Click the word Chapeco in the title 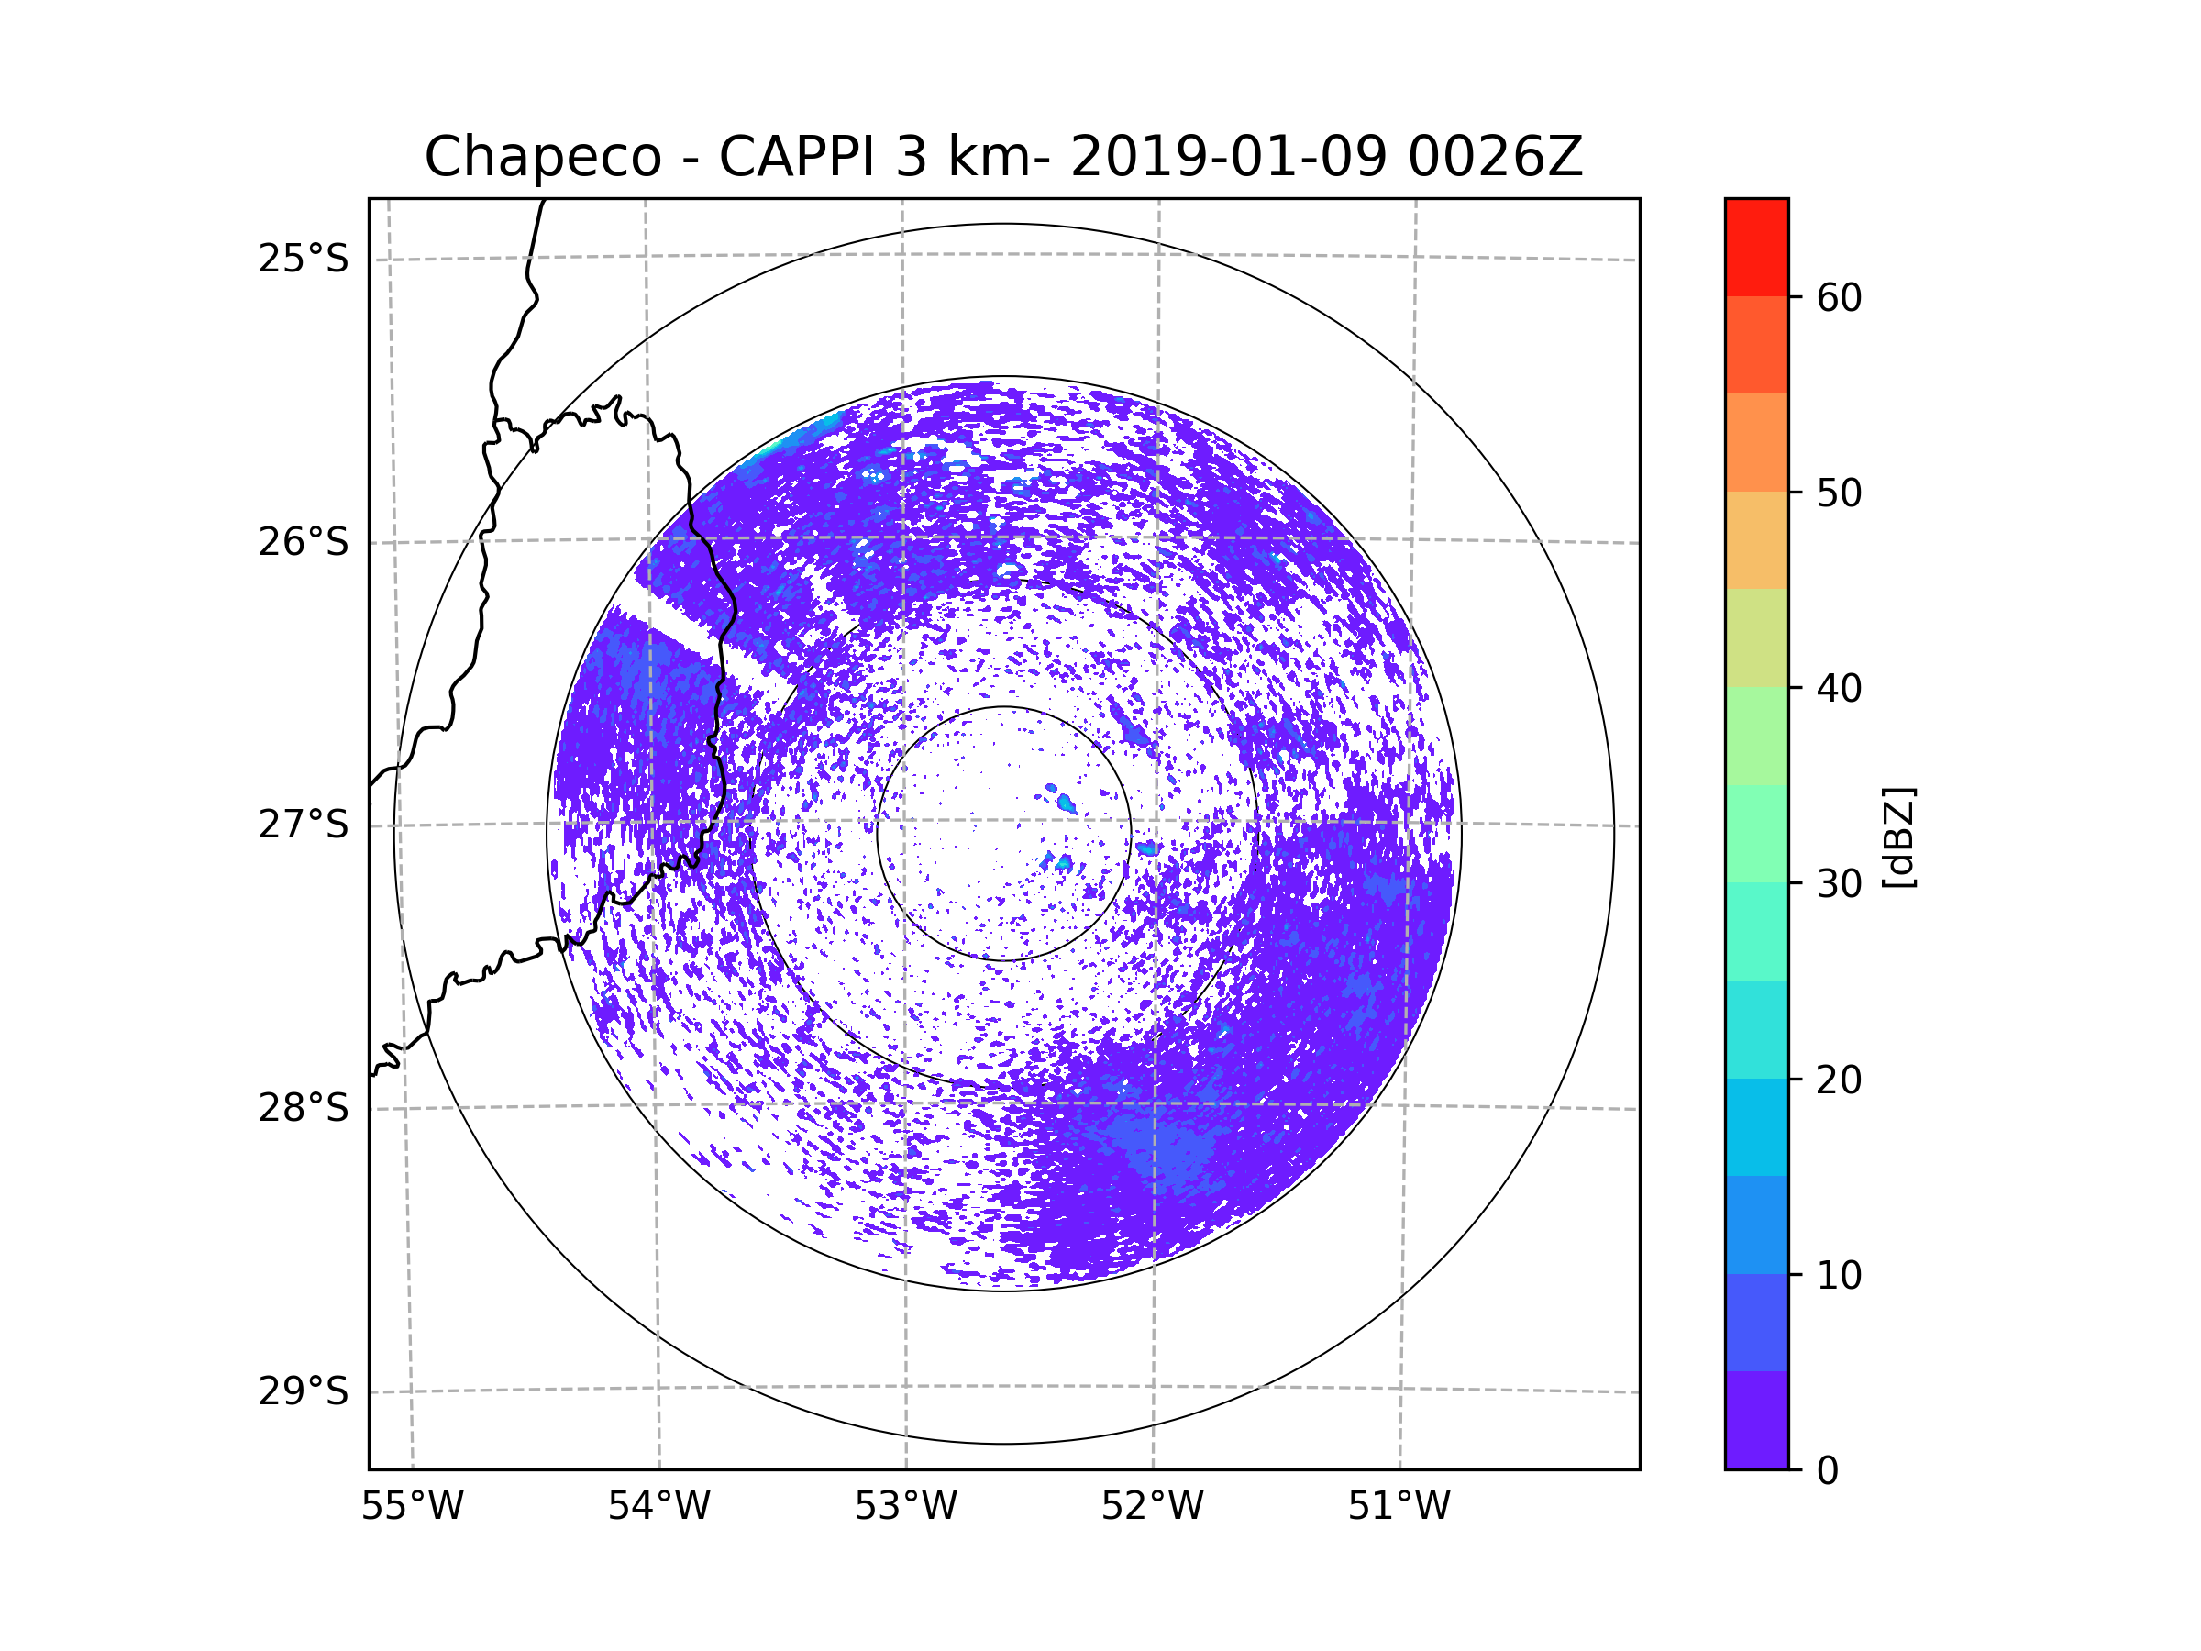tap(542, 157)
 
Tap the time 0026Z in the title tap(1494, 157)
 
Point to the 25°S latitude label tap(304, 259)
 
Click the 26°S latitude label tap(304, 542)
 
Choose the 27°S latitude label tap(304, 825)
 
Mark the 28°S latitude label tap(304, 1108)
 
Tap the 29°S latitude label tap(304, 1391)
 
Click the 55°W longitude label tap(412, 1507)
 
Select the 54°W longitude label tap(658, 1507)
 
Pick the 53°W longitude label tap(905, 1507)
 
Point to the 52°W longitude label tap(1152, 1507)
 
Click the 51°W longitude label tap(1399, 1507)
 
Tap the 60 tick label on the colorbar tap(1839, 297)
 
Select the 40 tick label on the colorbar tap(1839, 689)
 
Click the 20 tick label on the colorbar tap(1839, 1080)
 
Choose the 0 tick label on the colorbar tap(1828, 1471)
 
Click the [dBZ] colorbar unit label tap(1898, 837)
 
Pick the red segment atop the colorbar tap(1756, 247)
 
